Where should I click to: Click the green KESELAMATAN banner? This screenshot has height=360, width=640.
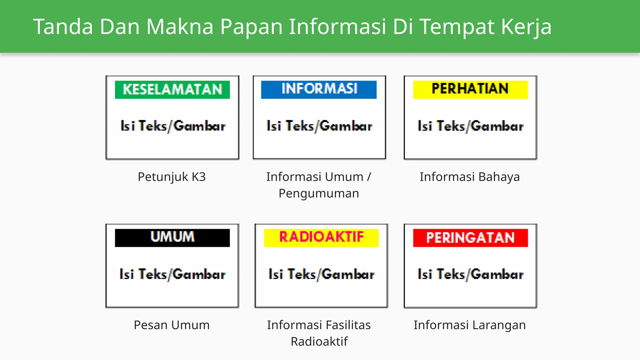172,90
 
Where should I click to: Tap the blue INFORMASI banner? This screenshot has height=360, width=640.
319,89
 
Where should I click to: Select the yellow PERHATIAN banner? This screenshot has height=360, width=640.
470,89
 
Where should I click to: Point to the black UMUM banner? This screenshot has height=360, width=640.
172,237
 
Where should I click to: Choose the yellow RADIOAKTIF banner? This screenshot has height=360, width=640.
321,237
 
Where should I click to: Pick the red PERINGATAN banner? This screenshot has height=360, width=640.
470,237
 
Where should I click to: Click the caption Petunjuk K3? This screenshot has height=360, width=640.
172,177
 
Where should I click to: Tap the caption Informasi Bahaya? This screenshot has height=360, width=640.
470,177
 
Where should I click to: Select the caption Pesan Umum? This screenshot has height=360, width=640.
172,325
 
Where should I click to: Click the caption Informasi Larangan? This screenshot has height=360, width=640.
470,325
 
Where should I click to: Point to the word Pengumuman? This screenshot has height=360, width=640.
319,193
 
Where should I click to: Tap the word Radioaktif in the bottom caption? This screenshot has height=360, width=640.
319,342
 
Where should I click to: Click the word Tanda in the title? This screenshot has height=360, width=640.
63,27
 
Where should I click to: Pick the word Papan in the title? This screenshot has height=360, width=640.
252,27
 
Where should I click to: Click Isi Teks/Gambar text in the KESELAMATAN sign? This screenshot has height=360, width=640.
173,126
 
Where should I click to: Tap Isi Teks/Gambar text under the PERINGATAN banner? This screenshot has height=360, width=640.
471,274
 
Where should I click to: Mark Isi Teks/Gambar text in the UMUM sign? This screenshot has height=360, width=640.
172,274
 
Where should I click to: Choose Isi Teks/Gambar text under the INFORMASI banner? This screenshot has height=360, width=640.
319,126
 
